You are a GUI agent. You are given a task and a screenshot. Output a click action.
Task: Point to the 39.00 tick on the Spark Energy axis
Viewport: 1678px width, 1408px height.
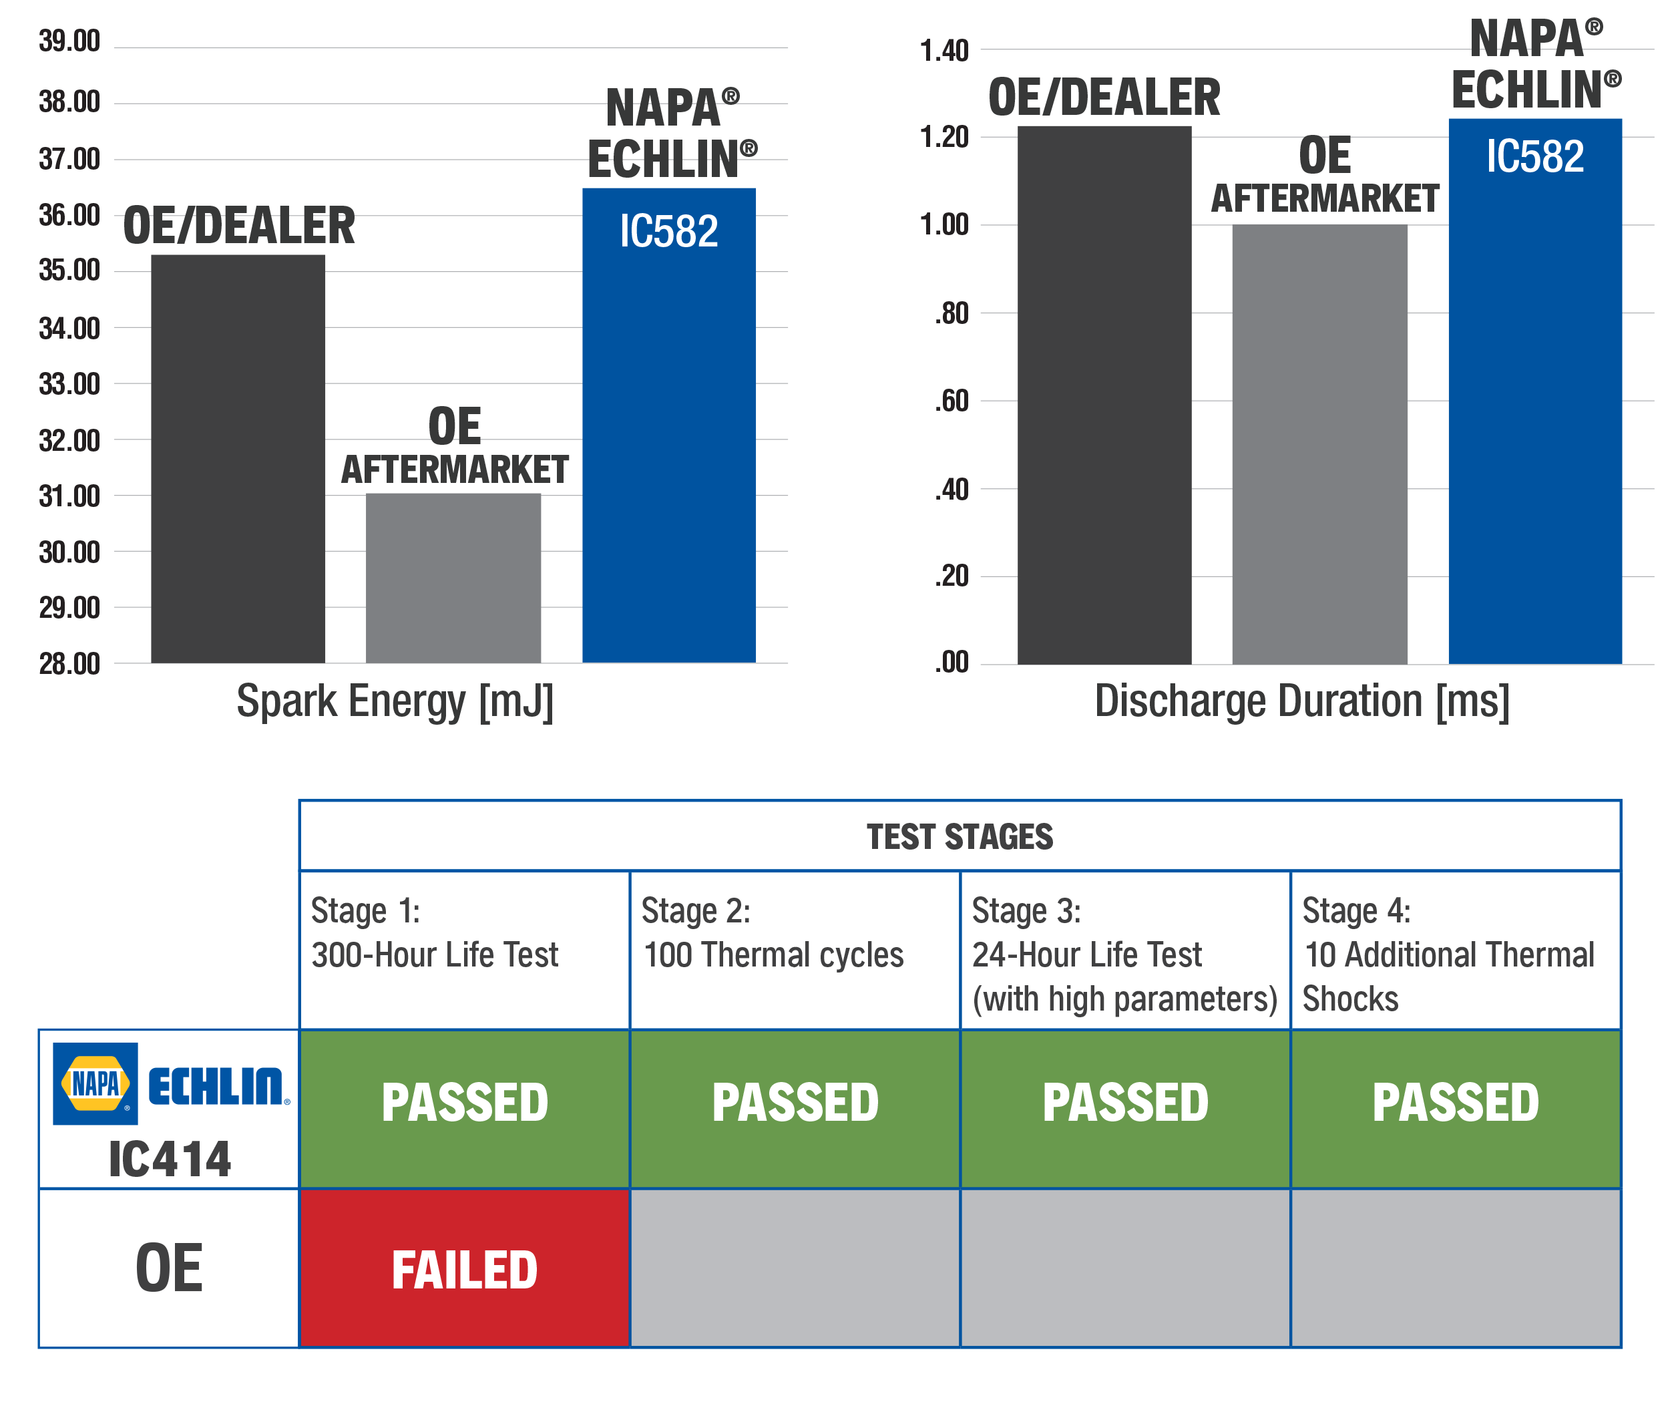pos(69,41)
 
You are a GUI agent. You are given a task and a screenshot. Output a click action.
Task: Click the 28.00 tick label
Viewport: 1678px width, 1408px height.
pos(69,663)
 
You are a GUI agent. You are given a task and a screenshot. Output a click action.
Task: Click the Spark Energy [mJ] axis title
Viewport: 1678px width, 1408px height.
pos(395,701)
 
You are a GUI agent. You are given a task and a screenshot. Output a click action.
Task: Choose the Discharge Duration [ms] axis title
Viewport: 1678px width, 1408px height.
pos(1301,701)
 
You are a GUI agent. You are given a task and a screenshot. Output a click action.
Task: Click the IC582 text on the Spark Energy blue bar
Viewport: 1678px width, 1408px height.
pos(669,231)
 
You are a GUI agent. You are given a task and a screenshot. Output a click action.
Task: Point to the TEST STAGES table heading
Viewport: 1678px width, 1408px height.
pos(960,837)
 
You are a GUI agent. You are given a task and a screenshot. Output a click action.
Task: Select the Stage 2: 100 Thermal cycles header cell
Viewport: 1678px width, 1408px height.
pos(794,950)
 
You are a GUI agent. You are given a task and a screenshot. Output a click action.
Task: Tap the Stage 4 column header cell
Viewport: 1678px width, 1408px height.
pos(1455,950)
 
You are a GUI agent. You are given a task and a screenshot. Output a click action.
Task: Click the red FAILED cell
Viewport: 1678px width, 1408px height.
pos(464,1269)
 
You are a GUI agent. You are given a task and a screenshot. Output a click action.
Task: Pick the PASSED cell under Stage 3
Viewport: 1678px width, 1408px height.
pos(1125,1103)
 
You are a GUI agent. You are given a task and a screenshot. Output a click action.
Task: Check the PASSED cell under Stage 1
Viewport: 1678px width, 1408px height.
pos(464,1103)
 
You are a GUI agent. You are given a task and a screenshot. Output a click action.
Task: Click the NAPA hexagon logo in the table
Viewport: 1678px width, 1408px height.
pos(95,1083)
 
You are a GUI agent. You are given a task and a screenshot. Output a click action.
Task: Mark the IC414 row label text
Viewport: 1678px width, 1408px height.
pos(170,1160)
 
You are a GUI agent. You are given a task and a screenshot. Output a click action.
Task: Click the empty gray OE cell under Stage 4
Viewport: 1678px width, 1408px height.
pos(1455,1269)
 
